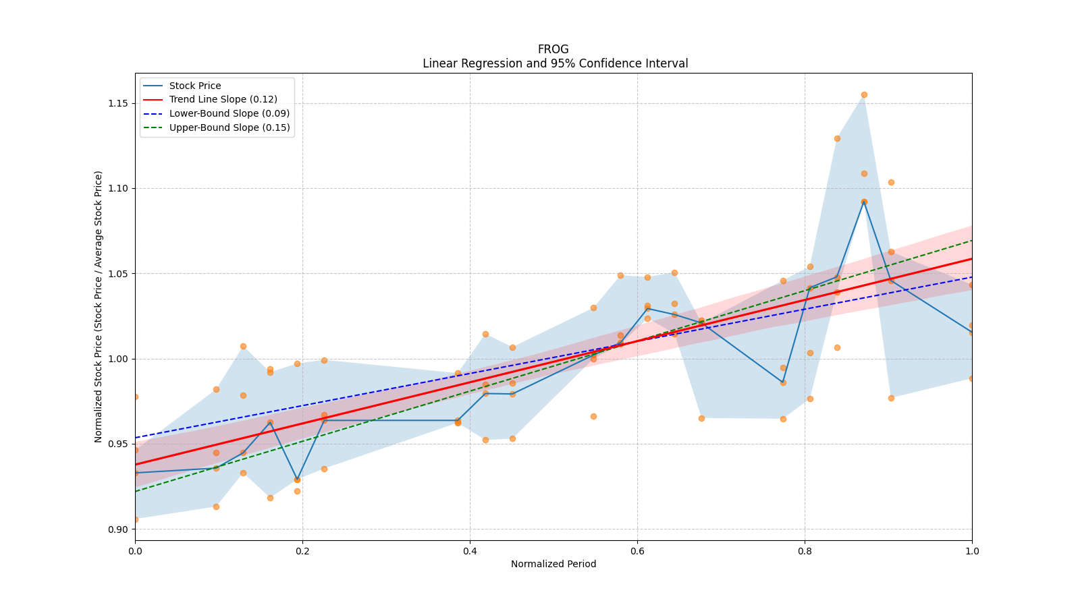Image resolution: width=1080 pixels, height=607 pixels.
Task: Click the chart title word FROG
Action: [x=553, y=49]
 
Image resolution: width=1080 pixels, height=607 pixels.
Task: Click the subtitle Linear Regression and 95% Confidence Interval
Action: [x=555, y=63]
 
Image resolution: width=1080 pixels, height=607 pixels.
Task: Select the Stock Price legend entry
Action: [x=195, y=86]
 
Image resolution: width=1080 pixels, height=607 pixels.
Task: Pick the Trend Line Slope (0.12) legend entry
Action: [x=223, y=100]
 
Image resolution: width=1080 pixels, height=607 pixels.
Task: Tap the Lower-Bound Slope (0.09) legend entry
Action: [x=230, y=114]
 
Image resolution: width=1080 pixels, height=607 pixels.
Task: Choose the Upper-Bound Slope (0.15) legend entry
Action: [x=230, y=127]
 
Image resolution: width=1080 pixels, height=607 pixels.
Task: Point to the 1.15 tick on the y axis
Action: [x=119, y=103]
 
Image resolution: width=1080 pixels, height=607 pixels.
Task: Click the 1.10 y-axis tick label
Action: [x=119, y=188]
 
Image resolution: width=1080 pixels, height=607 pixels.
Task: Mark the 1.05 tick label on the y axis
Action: [x=119, y=274]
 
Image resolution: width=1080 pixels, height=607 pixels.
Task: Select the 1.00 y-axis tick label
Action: [x=119, y=359]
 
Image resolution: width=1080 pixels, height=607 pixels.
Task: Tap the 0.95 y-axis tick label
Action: [x=119, y=444]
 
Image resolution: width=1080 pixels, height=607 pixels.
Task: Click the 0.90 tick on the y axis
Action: [x=119, y=529]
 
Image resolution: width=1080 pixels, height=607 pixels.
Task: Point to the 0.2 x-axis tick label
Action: [x=302, y=551]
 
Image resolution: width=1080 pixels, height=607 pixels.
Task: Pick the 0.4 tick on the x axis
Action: [x=470, y=551]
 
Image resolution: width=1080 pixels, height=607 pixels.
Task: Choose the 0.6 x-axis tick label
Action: [x=637, y=551]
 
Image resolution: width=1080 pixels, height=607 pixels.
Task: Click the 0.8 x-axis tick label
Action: [x=805, y=551]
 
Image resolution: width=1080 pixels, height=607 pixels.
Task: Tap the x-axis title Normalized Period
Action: [x=553, y=564]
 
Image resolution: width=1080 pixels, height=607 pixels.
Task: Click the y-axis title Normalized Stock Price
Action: [x=99, y=306]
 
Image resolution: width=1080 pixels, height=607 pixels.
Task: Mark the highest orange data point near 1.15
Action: [x=864, y=94]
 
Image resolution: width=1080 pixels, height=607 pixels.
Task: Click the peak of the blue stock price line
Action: [x=864, y=201]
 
